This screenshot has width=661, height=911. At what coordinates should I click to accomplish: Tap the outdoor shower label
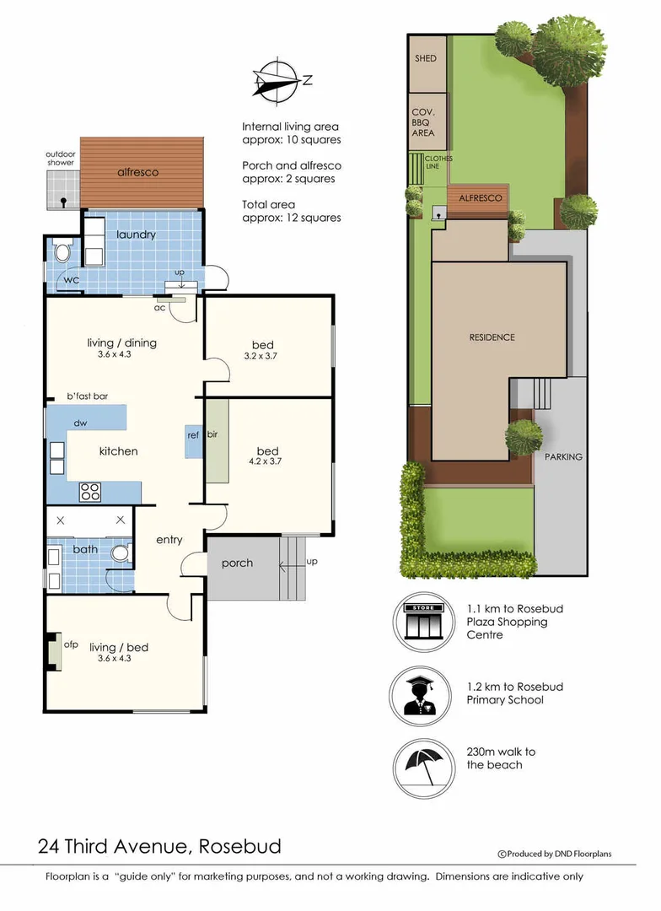tap(61, 159)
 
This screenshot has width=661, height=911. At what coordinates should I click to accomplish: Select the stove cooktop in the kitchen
tap(91, 491)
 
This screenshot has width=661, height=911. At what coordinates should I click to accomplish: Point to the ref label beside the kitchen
tap(193, 434)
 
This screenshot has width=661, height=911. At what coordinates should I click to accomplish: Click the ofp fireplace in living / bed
tap(56, 650)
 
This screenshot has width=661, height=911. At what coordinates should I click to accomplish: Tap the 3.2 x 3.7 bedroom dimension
tap(262, 356)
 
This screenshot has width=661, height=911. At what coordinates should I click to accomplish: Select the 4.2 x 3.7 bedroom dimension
tap(262, 452)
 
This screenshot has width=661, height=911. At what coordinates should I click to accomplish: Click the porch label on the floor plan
tap(237, 563)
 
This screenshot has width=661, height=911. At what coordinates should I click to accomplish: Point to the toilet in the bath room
tap(121, 553)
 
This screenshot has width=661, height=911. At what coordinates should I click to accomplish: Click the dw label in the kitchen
tap(81, 423)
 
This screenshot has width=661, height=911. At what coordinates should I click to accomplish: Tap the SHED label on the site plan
tap(426, 58)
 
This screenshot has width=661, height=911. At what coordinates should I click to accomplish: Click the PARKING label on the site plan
tap(562, 456)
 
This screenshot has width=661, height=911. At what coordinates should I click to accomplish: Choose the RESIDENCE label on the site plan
tap(492, 337)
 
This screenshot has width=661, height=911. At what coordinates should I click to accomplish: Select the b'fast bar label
tap(87, 396)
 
